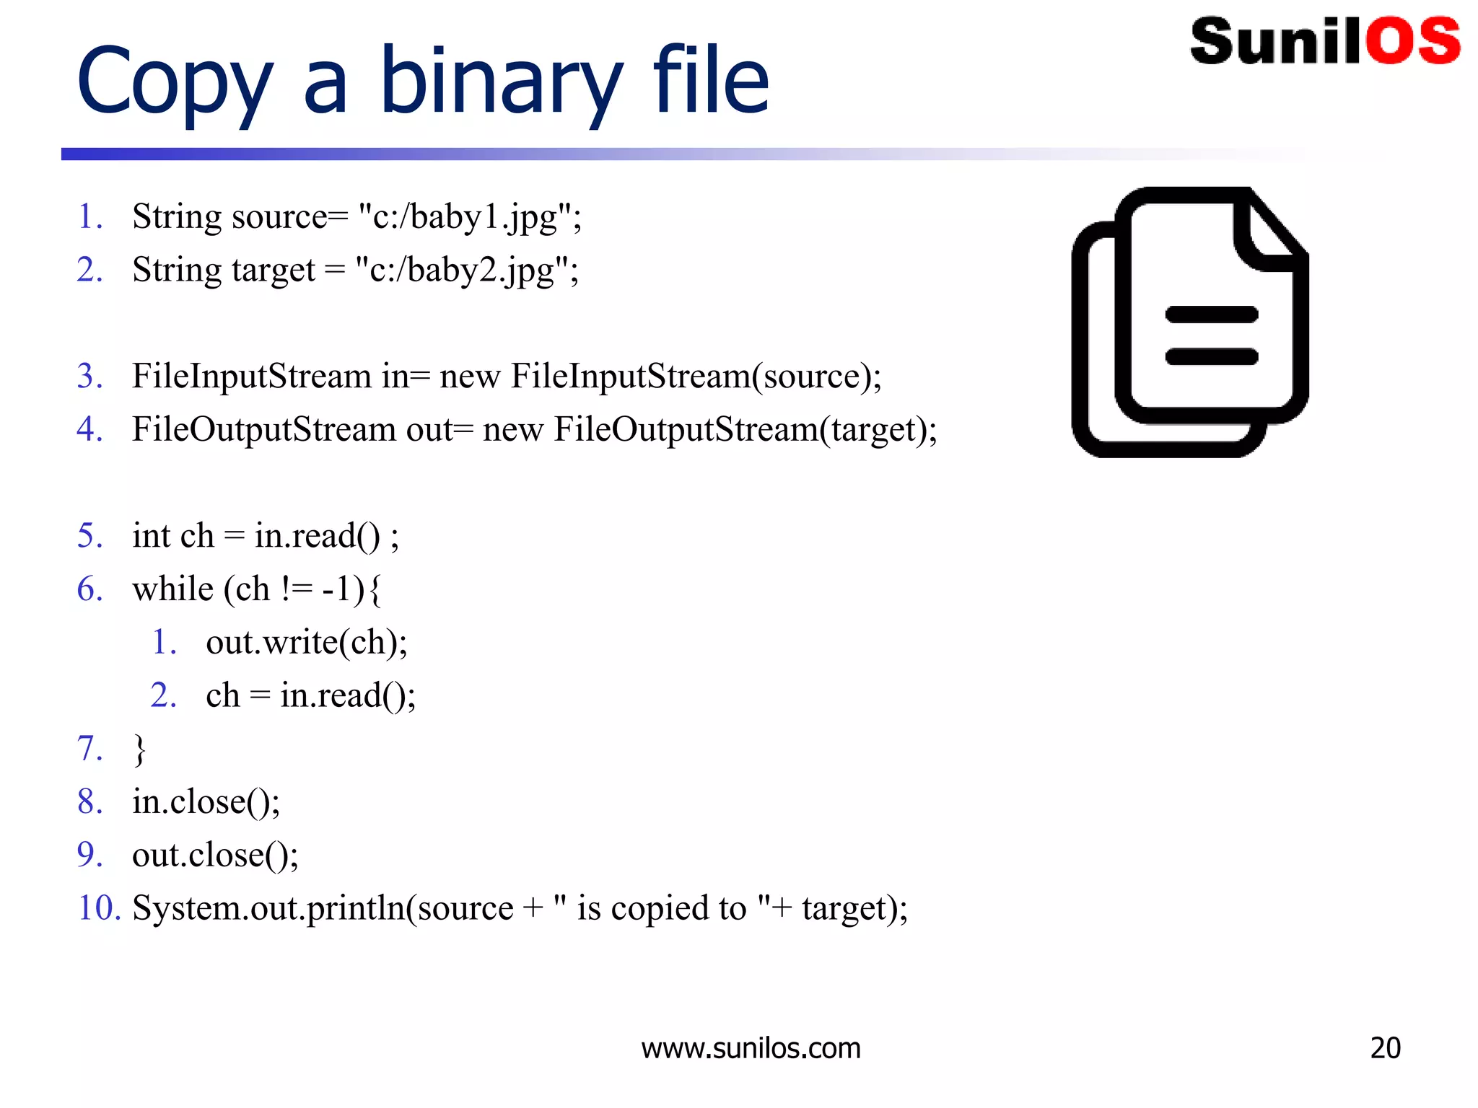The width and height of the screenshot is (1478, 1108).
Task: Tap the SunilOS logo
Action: point(1324,41)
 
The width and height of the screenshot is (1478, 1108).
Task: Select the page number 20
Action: point(1385,1048)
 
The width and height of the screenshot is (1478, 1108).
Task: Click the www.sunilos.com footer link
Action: point(751,1048)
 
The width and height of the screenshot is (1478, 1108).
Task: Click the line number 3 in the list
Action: point(89,376)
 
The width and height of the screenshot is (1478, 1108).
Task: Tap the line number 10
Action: point(97,907)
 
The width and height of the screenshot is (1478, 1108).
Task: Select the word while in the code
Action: point(173,589)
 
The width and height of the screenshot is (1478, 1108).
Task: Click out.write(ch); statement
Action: point(307,642)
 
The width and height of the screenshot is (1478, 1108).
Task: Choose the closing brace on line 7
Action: point(139,749)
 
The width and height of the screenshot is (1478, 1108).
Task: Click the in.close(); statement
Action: point(206,801)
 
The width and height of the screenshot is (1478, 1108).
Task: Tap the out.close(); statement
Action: point(215,855)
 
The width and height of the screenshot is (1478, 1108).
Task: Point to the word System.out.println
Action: point(268,907)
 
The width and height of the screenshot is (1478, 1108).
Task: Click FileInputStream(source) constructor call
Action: point(694,376)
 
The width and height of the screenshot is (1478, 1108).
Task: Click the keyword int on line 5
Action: point(151,536)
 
